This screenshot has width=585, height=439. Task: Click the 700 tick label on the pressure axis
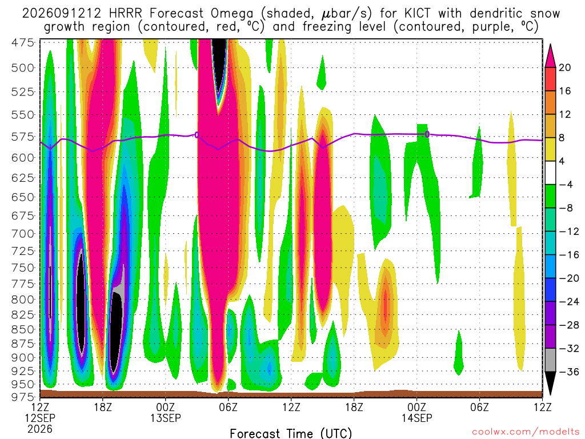(x=23, y=234)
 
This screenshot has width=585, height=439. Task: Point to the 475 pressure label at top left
(x=23, y=42)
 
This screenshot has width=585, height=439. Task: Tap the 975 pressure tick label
(x=23, y=397)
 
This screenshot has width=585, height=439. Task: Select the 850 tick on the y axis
(x=23, y=329)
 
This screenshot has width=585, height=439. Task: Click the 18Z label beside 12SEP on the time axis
(x=103, y=406)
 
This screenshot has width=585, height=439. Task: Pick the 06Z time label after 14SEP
(x=479, y=406)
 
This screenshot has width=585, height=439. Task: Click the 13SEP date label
(x=166, y=418)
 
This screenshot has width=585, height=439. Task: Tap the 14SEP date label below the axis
(x=416, y=418)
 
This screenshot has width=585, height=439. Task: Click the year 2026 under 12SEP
(x=40, y=429)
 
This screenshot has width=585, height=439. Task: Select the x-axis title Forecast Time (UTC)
(x=291, y=433)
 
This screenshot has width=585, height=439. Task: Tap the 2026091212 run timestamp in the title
(x=62, y=14)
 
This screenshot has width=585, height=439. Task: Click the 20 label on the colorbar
(x=565, y=67)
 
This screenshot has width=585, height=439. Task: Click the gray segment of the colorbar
(x=550, y=360)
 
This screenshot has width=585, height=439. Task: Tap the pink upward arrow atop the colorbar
(x=550, y=56)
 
